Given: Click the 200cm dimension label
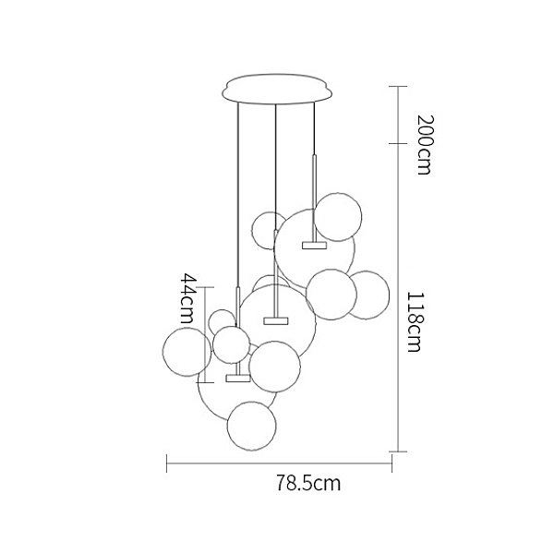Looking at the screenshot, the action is tap(425, 145).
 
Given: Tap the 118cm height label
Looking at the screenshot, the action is tap(415, 321).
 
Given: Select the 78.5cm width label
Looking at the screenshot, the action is tap(308, 483).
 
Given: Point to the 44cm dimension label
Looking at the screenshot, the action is tap(187, 298).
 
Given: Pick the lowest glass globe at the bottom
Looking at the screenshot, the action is tap(251, 426).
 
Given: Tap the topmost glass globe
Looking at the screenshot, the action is tap(338, 217).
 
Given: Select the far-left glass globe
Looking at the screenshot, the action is tap(187, 351).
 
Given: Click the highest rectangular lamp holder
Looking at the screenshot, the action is tap(314, 246).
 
